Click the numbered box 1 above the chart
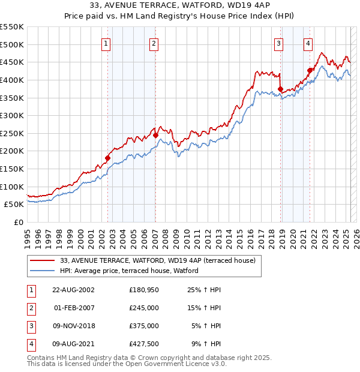tap(106, 43)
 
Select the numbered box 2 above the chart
tap(154, 43)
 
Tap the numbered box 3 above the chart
tap(279, 43)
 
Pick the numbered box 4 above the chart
tap(308, 43)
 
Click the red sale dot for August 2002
tap(108, 158)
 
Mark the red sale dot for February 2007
tap(155, 136)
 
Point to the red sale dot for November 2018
tap(281, 89)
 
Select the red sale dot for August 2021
tap(310, 70)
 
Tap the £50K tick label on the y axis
tap(14, 205)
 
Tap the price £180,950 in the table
tap(143, 290)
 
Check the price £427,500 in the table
tap(143, 344)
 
